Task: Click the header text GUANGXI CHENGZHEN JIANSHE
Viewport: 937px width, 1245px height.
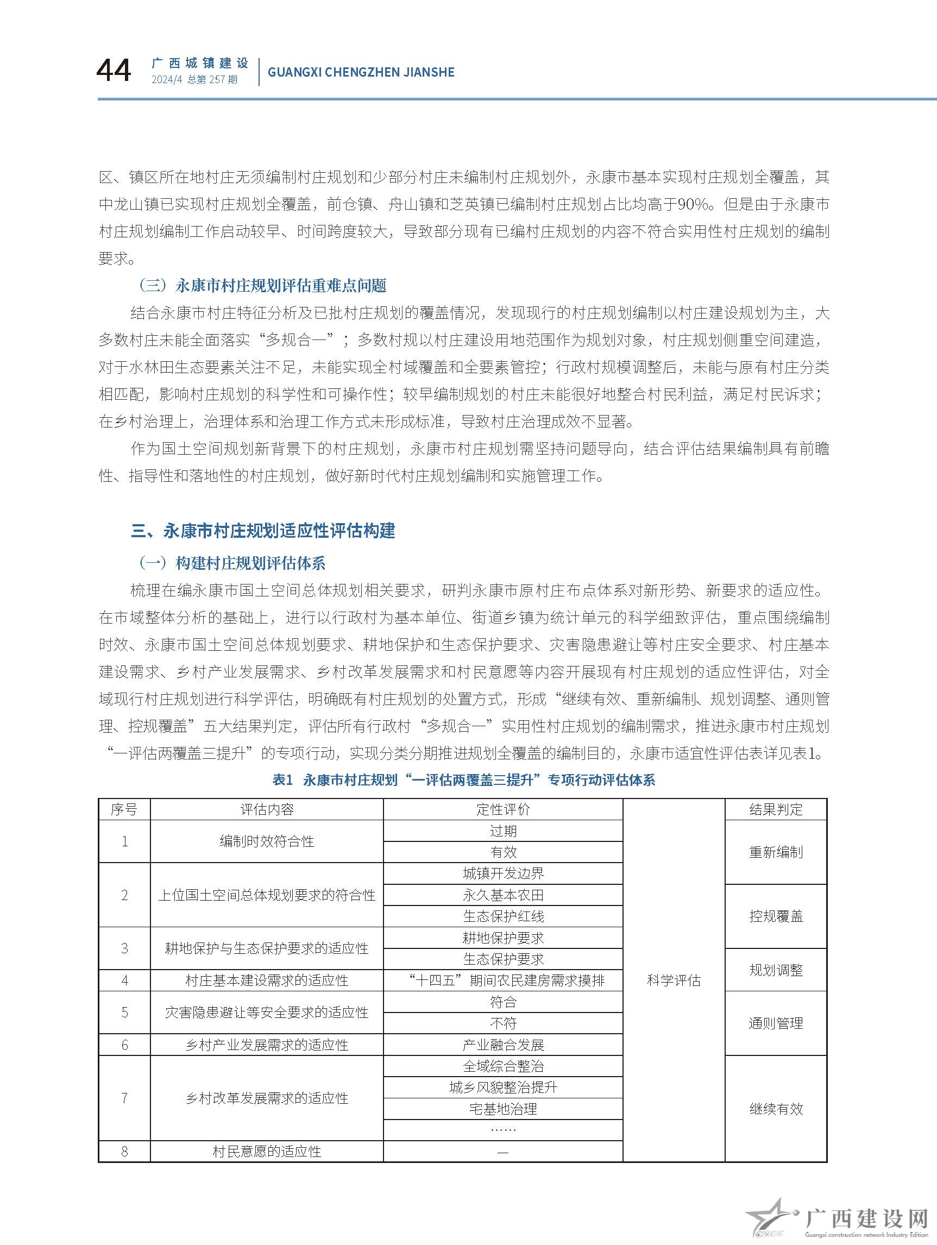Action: pos(361,72)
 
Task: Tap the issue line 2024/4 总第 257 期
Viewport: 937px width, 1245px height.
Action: pos(194,80)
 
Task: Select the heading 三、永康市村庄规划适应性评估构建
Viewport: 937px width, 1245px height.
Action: pos(263,530)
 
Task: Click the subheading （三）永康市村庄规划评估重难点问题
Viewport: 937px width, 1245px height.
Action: pos(262,285)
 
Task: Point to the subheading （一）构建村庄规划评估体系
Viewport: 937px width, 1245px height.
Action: pos(232,563)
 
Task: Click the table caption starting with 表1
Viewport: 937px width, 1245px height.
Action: pos(463,779)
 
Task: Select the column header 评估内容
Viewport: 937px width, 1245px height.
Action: pos(267,809)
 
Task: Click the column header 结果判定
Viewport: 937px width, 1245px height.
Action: pos(776,809)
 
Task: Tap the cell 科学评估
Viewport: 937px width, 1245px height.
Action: pos(674,980)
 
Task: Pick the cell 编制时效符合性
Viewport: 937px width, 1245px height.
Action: pos(267,841)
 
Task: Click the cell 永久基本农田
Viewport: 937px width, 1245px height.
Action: pos(503,895)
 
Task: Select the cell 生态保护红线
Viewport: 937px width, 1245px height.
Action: pos(503,916)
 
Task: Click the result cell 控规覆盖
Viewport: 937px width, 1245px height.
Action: pos(776,916)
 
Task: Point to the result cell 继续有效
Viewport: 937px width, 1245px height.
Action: pos(776,1109)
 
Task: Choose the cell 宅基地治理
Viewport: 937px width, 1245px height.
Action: pos(503,1109)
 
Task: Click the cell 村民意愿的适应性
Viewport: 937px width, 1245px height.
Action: pos(267,1152)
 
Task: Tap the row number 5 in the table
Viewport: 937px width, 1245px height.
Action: pos(124,1013)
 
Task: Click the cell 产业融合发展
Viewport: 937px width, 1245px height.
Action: pos(503,1045)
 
